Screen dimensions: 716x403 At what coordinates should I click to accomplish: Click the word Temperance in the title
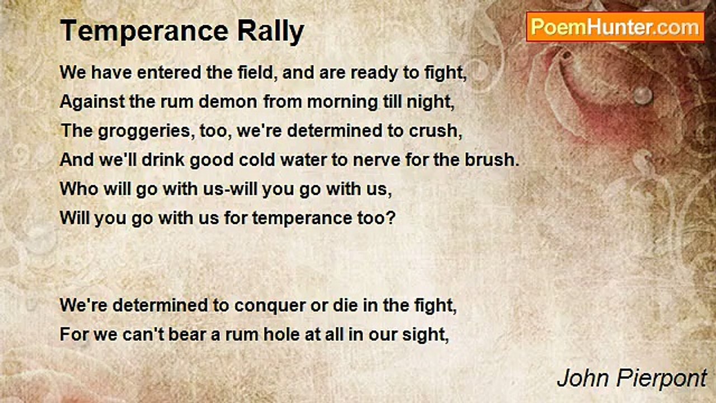144,31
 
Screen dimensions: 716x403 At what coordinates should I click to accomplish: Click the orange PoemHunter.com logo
615,27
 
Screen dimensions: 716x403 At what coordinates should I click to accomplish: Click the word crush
435,131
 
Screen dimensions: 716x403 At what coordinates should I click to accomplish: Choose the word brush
492,160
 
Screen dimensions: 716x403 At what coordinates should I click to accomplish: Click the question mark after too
392,218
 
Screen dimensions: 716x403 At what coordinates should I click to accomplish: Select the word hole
282,335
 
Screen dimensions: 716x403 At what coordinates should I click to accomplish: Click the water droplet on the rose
642,95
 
